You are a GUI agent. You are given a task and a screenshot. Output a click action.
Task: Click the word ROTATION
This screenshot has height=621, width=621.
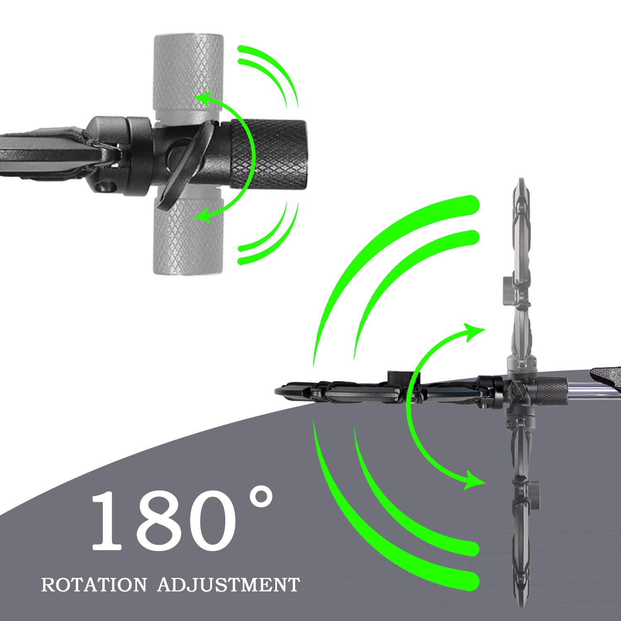pos(94,585)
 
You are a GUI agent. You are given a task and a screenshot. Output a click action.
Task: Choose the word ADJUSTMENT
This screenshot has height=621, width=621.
pos(229,585)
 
